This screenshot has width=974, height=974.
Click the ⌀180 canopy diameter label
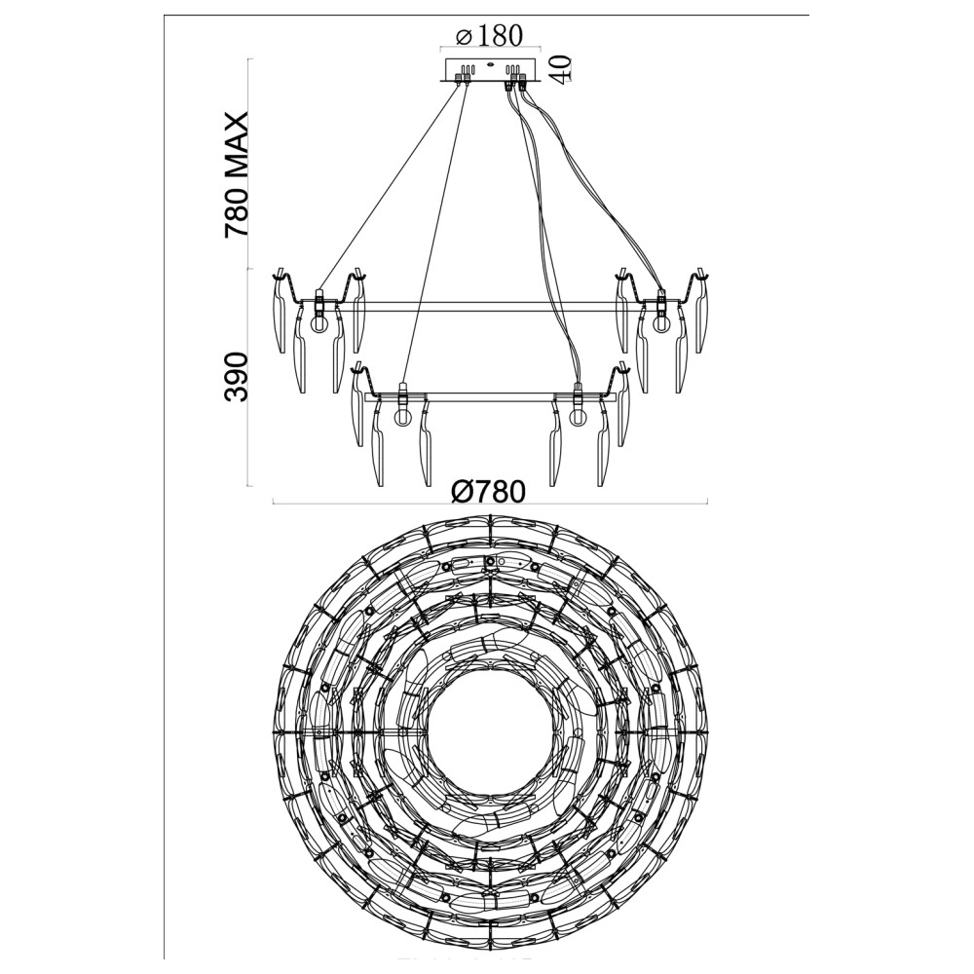pyautogui.click(x=489, y=36)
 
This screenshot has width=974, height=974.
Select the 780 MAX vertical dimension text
pyautogui.click(x=237, y=175)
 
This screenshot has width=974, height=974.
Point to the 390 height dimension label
pyautogui.click(x=237, y=378)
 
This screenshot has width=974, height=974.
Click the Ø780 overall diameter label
pyautogui.click(x=489, y=491)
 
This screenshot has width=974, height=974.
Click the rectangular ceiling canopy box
pyautogui.click(x=489, y=70)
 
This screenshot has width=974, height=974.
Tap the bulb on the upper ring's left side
pyautogui.click(x=318, y=323)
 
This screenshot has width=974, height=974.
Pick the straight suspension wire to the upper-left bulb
pyautogui.click(x=390, y=185)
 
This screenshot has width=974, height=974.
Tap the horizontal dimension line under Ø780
pyautogui.click(x=390, y=504)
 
